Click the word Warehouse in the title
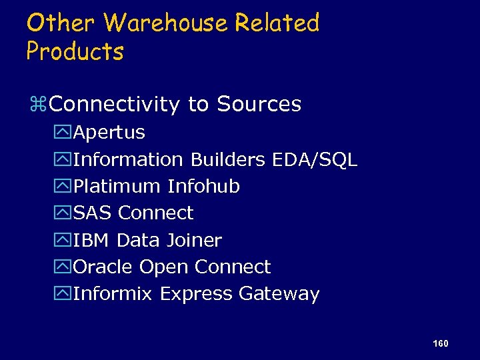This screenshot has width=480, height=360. (166, 23)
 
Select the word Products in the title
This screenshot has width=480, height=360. (75, 51)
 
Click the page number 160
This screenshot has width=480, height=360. (440, 343)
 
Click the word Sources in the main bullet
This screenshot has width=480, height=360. (259, 105)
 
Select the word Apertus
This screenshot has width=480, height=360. (109, 133)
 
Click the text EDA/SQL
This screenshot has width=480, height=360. (315, 160)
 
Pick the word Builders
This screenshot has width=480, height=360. (229, 160)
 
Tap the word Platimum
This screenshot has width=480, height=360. (117, 187)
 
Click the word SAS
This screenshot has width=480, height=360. (93, 213)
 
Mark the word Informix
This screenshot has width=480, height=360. (113, 294)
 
